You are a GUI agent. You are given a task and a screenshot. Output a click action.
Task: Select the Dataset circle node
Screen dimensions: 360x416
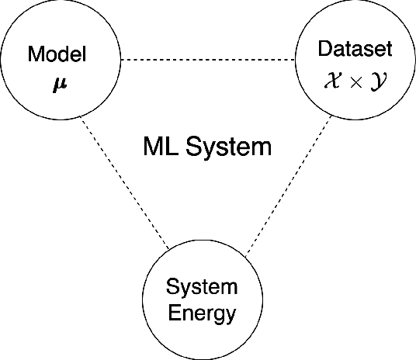pos(355,61)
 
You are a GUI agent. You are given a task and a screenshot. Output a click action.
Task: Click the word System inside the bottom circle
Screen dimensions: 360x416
pos(202,288)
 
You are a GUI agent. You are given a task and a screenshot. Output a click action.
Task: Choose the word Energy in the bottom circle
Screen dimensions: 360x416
pos(202,314)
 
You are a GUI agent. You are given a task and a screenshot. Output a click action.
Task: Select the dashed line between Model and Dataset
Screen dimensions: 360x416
pos(208,61)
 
